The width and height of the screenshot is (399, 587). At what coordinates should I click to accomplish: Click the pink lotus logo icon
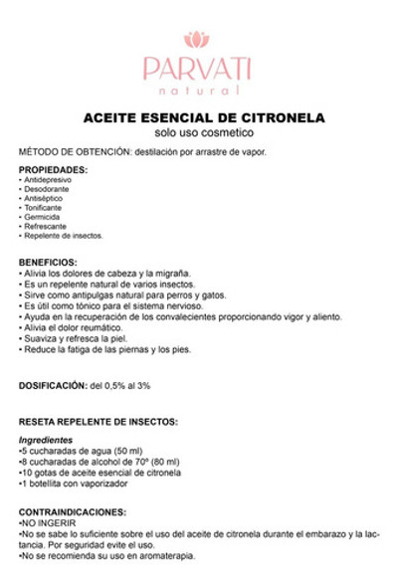(x=197, y=40)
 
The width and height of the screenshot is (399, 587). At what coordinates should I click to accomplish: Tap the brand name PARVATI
(x=197, y=68)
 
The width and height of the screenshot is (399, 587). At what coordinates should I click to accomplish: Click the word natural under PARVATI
(x=197, y=90)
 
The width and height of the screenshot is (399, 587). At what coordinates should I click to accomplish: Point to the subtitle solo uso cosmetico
(x=198, y=132)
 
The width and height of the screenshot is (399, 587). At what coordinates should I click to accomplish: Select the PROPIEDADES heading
(x=53, y=170)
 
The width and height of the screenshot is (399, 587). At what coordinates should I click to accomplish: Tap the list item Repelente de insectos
(x=64, y=236)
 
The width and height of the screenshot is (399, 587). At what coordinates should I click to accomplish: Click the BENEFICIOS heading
(x=49, y=263)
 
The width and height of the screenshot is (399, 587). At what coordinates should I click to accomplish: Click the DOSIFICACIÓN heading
(x=53, y=384)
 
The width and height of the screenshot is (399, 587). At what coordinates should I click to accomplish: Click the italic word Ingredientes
(x=46, y=440)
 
